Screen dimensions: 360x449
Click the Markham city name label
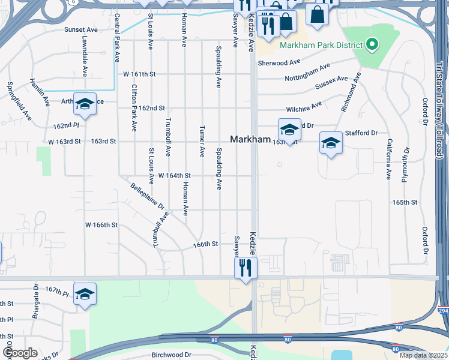pos(250,139)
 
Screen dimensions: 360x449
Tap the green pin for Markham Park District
pos(372,44)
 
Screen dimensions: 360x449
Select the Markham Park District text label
pos(321,45)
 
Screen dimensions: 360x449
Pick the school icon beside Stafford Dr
pos(330,144)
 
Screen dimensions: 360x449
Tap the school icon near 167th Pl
pos(85,294)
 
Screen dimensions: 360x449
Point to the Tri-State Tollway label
pos(440,115)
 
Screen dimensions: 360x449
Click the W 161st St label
pos(139,74)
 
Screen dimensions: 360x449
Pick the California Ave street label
pos(389,160)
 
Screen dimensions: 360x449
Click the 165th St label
pos(404,203)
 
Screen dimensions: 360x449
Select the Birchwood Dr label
pos(171,355)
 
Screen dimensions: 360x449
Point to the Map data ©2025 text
pos(423,355)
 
